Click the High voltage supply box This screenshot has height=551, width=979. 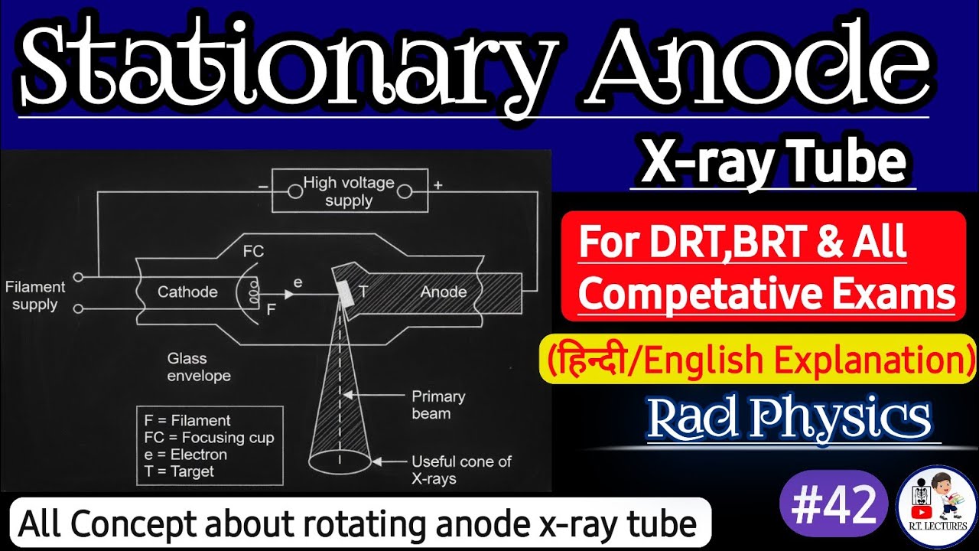(x=349, y=191)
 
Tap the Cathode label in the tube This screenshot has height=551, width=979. (x=187, y=292)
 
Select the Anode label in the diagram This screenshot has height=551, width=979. (x=444, y=292)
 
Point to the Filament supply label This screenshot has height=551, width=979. (x=35, y=296)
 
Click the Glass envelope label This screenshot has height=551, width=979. (x=199, y=367)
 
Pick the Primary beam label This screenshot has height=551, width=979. (x=438, y=405)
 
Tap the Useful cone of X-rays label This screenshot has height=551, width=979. (x=461, y=470)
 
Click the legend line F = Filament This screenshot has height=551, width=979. (x=187, y=421)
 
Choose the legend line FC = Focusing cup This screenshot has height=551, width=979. (x=209, y=438)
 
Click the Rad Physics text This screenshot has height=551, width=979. (x=789, y=418)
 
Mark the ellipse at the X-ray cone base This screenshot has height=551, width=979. (x=340, y=461)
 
